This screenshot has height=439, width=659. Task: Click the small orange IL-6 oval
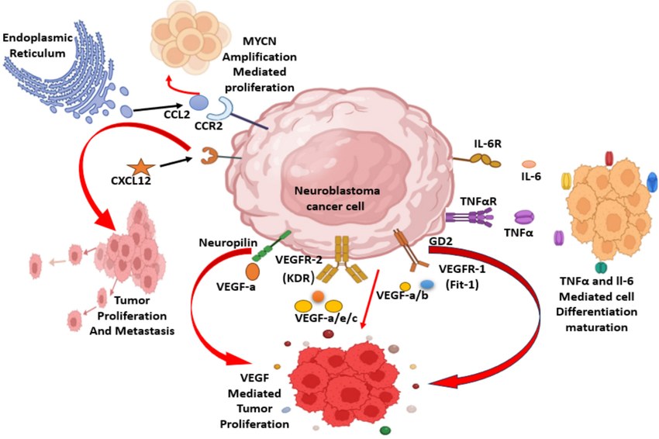click(529, 164)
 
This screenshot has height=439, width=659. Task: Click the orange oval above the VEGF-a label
click(253, 272)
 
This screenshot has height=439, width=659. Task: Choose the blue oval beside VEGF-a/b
click(427, 285)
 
